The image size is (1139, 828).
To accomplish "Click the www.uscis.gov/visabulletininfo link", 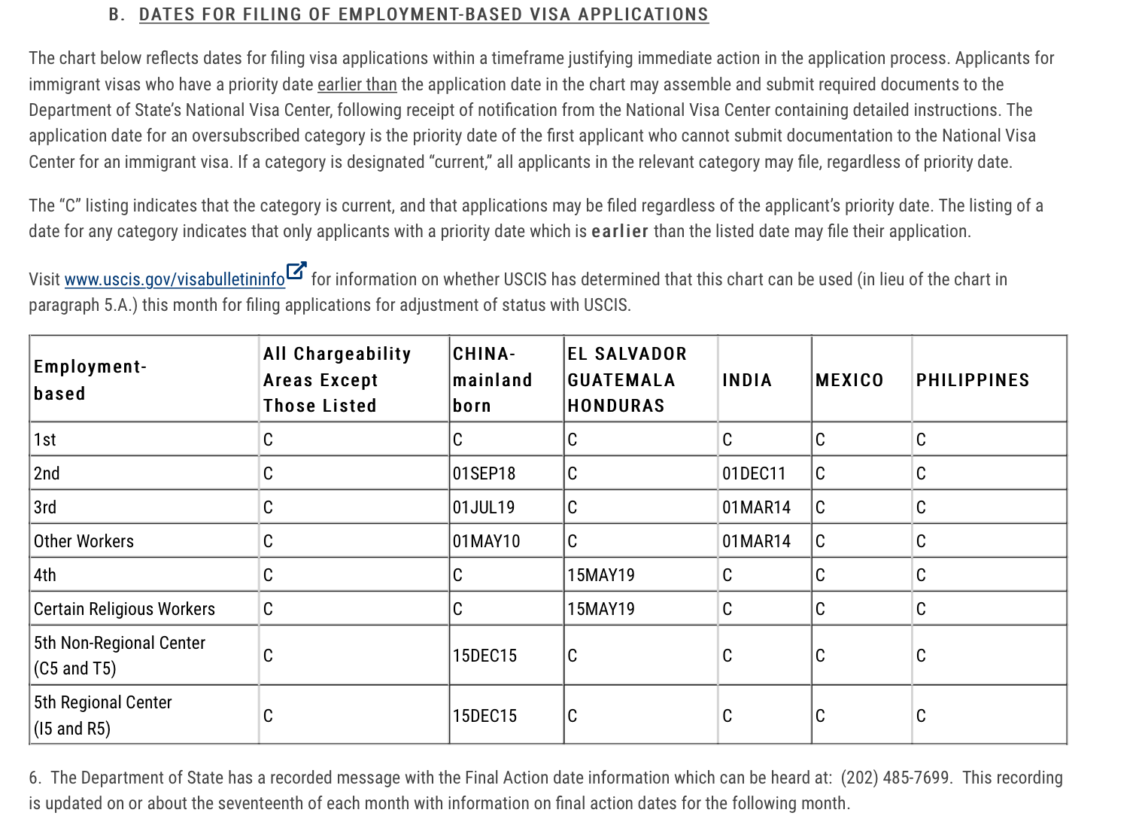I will pyautogui.click(x=175, y=280).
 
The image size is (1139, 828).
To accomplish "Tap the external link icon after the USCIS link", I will pyautogui.click(x=296, y=270).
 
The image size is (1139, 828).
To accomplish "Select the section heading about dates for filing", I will pyautogui.click(x=424, y=14).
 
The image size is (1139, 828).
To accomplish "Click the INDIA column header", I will pyautogui.click(x=747, y=380).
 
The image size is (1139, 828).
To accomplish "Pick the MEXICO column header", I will pyautogui.click(x=849, y=380).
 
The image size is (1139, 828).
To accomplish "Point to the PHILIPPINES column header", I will pyautogui.click(x=972, y=380).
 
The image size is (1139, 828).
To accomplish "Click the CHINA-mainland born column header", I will pyautogui.click(x=492, y=379).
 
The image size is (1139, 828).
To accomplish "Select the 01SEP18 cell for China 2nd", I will pyautogui.click(x=484, y=473).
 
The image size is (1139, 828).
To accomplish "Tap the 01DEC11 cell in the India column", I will pyautogui.click(x=754, y=473).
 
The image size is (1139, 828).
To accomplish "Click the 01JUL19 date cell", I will pyautogui.click(x=484, y=507).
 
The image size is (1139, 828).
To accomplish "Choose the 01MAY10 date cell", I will pyautogui.click(x=486, y=541).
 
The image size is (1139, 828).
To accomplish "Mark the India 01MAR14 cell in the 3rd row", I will pyautogui.click(x=756, y=507).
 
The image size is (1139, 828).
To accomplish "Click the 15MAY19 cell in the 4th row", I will pyautogui.click(x=600, y=575).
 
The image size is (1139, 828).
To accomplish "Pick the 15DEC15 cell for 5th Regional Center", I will pyautogui.click(x=484, y=716).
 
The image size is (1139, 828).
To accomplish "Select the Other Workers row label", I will pyautogui.click(x=84, y=541).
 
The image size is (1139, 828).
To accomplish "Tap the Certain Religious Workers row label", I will pyautogui.click(x=124, y=609).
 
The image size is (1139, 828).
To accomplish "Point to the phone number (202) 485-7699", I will pyautogui.click(x=894, y=778).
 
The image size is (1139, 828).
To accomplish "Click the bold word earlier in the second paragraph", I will pyautogui.click(x=620, y=231).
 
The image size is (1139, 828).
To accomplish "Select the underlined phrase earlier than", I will pyautogui.click(x=357, y=84).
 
